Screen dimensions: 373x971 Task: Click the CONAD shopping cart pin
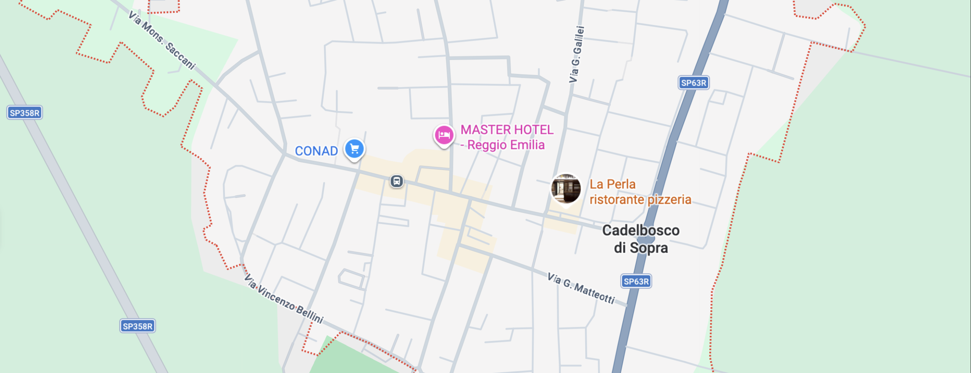pos(354,149)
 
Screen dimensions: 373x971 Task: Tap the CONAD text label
pos(316,151)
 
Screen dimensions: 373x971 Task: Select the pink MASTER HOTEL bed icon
pos(444,135)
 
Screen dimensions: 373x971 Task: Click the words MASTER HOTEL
pos(507,130)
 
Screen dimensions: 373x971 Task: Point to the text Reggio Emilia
pos(506,145)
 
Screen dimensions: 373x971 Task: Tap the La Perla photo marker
pos(566,188)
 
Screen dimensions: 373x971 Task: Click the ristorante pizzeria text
pos(640,200)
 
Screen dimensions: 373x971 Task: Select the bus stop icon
pos(397,181)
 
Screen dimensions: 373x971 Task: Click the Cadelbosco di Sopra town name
pos(641,239)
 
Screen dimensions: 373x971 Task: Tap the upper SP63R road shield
pos(693,83)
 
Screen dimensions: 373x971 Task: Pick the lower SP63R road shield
pos(636,282)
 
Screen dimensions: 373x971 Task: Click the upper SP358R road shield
pos(25,113)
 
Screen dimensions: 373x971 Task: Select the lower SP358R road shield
pos(137,326)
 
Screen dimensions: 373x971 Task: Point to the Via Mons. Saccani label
pos(162,40)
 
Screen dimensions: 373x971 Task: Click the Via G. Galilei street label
pos(576,54)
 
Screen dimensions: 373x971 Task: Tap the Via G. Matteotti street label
pos(581,288)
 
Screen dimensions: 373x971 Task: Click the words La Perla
pos(612,184)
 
